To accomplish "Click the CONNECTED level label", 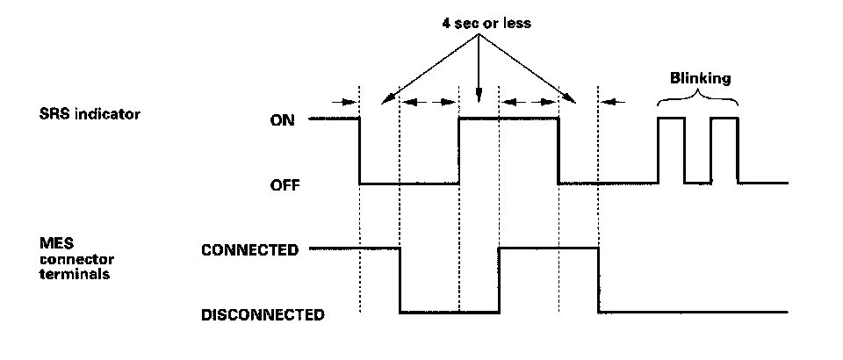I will coord(249,249).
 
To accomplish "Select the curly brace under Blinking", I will coord(698,99).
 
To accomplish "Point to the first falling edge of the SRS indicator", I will coord(360,151).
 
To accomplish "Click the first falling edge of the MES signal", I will coord(400,280).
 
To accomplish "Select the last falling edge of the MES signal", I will coord(599,280).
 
